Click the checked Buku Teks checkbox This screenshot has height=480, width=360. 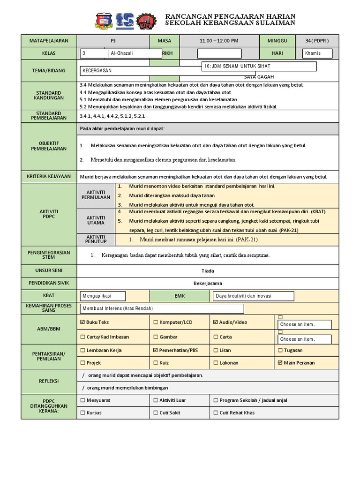(x=83, y=322)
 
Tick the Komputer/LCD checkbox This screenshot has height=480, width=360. (x=156, y=322)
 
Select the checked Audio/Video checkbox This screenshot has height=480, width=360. (x=216, y=322)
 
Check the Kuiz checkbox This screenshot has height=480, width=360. (x=156, y=363)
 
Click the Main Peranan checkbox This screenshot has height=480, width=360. (x=280, y=363)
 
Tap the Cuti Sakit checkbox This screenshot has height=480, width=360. (x=156, y=413)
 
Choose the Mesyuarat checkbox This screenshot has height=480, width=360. (x=83, y=400)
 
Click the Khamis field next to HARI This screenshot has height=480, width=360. (x=317, y=53)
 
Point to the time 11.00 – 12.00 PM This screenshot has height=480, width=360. (x=218, y=41)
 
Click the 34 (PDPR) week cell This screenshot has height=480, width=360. (x=317, y=41)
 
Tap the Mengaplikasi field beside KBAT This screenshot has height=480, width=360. (x=103, y=296)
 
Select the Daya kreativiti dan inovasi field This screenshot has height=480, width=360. (x=253, y=296)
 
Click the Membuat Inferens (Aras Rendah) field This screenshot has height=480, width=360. (x=162, y=308)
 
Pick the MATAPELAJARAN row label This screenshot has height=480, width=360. (x=49, y=41)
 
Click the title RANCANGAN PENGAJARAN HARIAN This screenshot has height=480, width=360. (x=231, y=17)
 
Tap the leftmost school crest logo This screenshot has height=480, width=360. (x=104, y=20)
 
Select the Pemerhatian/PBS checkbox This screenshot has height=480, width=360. (x=156, y=350)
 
